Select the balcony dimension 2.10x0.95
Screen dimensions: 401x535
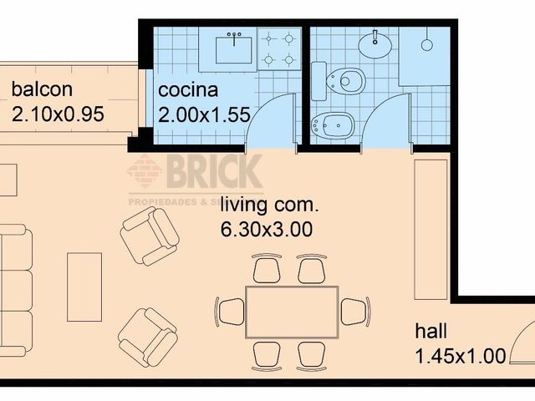pyautogui.click(x=58, y=114)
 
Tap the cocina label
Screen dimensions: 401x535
pyautogui.click(x=188, y=89)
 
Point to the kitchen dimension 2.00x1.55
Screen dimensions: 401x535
pyautogui.click(x=204, y=115)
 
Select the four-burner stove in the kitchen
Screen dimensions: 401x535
pyautogui.click(x=279, y=48)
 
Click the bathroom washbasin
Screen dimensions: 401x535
pyautogui.click(x=375, y=42)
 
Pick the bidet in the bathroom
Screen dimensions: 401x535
pyautogui.click(x=332, y=126)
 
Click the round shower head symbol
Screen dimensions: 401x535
pyautogui.click(x=427, y=43)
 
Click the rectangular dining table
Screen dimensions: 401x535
pyautogui.click(x=292, y=312)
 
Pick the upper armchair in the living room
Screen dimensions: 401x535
pyautogui.click(x=150, y=236)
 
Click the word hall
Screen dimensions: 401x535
pyautogui.click(x=431, y=332)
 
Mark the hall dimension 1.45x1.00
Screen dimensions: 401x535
pyautogui.click(x=460, y=357)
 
